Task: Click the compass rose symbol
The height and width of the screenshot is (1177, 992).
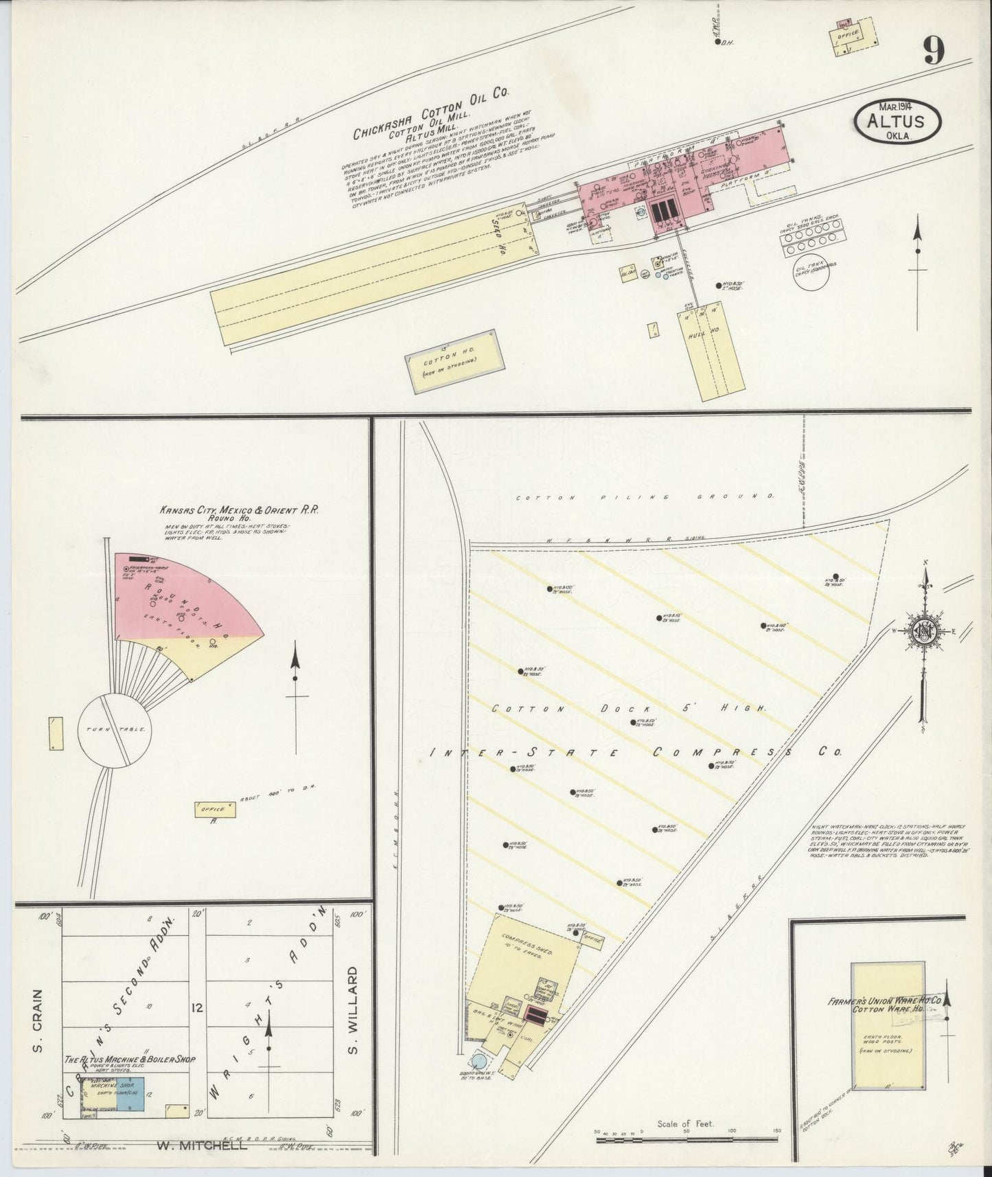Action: coord(925,631)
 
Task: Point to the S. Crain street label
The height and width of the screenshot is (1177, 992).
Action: coord(38,1029)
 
